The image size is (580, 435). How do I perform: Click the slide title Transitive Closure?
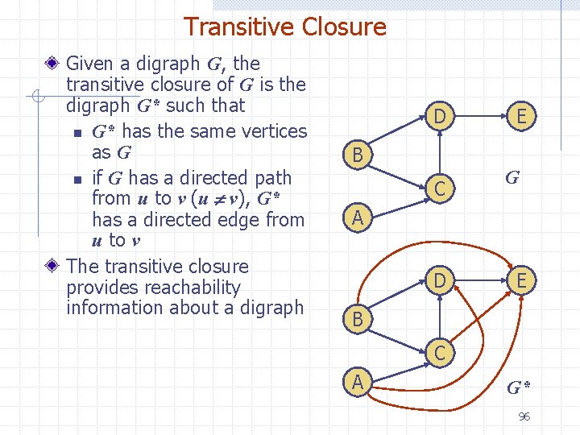click(x=285, y=27)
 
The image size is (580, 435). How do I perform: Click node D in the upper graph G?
click(x=439, y=117)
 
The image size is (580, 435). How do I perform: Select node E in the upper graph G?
click(x=522, y=117)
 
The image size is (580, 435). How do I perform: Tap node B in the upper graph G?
click(x=356, y=155)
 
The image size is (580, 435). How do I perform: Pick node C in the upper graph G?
click(x=439, y=188)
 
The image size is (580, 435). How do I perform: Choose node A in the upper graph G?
click(x=356, y=217)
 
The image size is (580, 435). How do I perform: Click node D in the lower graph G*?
click(x=439, y=280)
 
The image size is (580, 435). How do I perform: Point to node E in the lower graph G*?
click(x=522, y=280)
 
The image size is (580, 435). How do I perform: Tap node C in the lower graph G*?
click(x=439, y=352)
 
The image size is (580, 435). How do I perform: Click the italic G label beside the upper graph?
click(x=512, y=177)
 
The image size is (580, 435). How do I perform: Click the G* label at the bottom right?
click(x=518, y=388)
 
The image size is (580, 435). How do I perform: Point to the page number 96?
click(x=524, y=416)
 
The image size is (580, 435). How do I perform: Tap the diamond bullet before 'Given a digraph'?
click(x=53, y=63)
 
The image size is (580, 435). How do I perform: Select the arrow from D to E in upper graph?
click(x=481, y=117)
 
